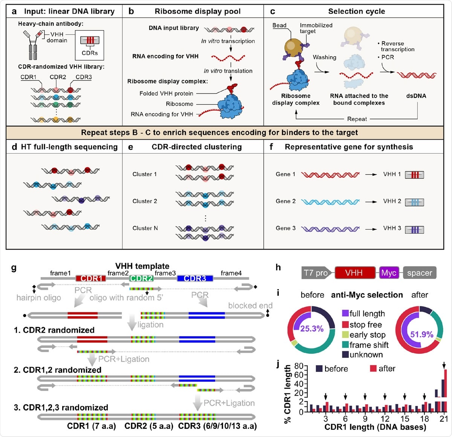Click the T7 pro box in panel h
(316, 273)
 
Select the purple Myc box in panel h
(388, 273)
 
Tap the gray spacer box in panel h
(419, 273)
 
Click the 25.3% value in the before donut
(312, 329)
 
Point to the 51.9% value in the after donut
(421, 334)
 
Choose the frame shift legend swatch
(345, 345)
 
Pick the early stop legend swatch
(345, 335)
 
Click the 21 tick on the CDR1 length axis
(443, 419)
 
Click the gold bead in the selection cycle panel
(295, 47)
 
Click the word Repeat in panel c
(357, 119)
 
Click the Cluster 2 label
(145, 201)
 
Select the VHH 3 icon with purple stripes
(414, 229)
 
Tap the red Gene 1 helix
(330, 175)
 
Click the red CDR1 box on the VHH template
(91, 279)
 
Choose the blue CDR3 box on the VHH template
(195, 279)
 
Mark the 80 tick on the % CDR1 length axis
(299, 366)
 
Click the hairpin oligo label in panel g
(38, 298)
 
